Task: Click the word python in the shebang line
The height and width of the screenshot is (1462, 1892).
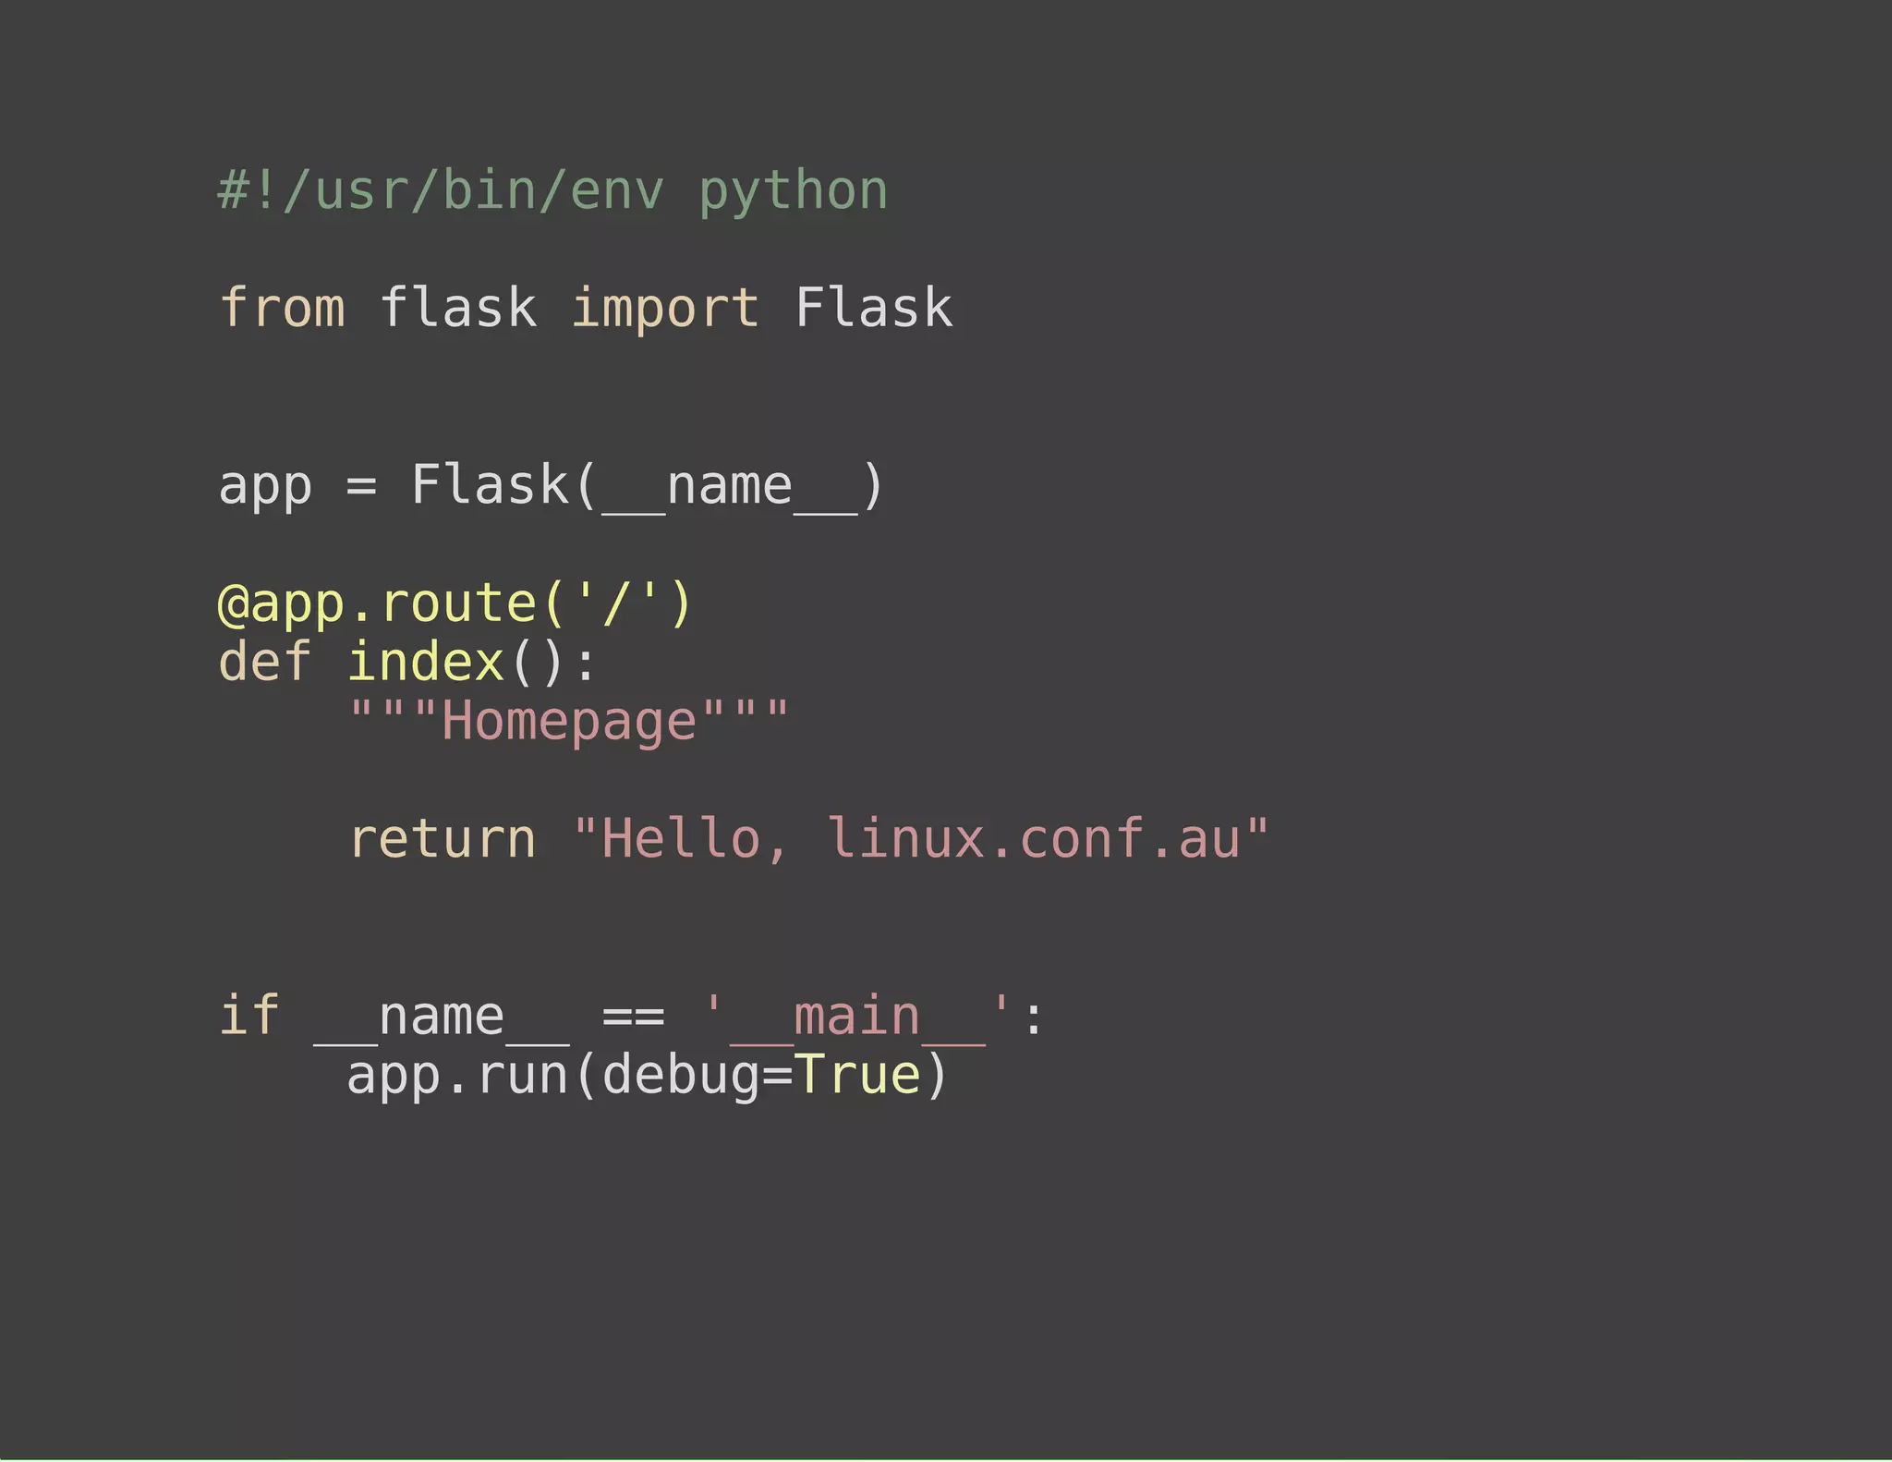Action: (793, 192)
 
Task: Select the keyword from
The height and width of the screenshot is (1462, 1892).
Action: (283, 308)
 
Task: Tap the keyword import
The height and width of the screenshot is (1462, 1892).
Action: (665, 310)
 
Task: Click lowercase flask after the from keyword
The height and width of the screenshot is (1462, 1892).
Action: (458, 308)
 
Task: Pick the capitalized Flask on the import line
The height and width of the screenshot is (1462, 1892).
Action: (873, 308)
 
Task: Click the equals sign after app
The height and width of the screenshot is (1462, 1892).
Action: (361, 486)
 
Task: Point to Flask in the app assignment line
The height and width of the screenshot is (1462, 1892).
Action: (491, 485)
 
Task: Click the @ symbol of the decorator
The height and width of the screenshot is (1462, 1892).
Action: (233, 605)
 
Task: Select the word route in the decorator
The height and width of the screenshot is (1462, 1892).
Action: (458, 604)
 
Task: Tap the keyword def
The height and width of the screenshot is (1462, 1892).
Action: (265, 663)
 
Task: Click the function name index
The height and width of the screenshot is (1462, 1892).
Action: (426, 663)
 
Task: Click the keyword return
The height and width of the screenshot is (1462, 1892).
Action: (443, 839)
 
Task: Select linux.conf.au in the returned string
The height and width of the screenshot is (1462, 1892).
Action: (1033, 839)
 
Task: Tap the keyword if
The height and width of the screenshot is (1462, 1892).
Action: (249, 1016)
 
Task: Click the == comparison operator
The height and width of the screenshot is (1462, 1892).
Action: (634, 1017)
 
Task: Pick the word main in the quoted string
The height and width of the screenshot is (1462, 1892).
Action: (856, 1017)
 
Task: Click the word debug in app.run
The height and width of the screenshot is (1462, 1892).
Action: (681, 1077)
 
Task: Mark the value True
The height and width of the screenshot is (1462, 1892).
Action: (857, 1076)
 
